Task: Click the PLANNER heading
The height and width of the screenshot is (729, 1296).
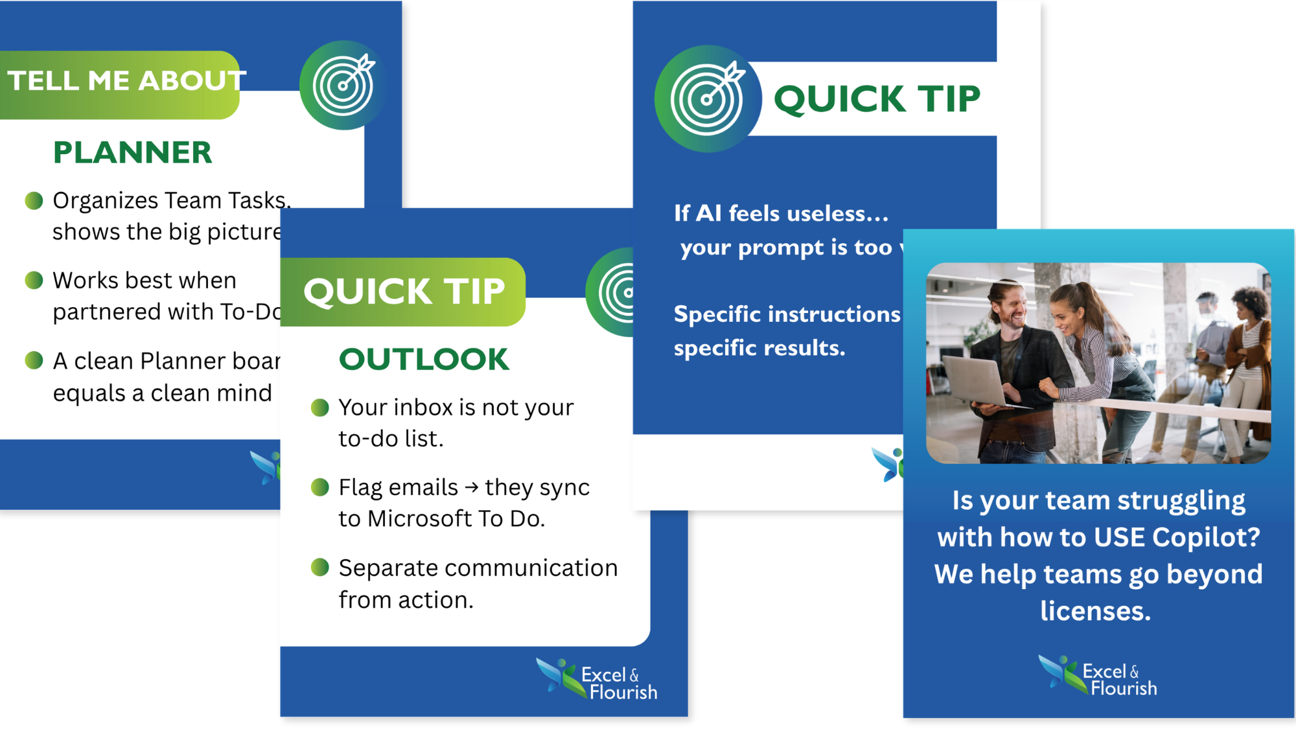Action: [132, 153]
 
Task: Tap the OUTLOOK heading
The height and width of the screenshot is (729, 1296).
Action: [424, 360]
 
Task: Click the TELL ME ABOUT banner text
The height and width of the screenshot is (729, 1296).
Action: [126, 81]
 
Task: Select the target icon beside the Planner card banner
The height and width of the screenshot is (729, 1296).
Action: [343, 85]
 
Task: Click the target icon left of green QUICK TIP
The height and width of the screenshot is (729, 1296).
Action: [707, 99]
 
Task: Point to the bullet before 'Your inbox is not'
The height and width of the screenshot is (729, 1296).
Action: [320, 408]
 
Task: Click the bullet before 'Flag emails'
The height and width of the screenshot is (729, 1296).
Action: [320, 487]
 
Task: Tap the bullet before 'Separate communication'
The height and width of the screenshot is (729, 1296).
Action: [320, 568]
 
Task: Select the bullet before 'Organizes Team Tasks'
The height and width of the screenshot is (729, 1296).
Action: [34, 201]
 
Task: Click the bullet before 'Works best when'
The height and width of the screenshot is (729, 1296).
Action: [34, 281]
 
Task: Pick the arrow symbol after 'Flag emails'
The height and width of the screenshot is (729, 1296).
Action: [472, 488]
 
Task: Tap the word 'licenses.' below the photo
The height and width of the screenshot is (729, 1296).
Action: [1095, 611]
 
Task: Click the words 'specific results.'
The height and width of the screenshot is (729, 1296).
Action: [759, 349]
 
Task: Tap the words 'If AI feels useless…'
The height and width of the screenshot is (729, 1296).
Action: [781, 214]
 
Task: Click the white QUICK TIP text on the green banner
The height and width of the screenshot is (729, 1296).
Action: [404, 292]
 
